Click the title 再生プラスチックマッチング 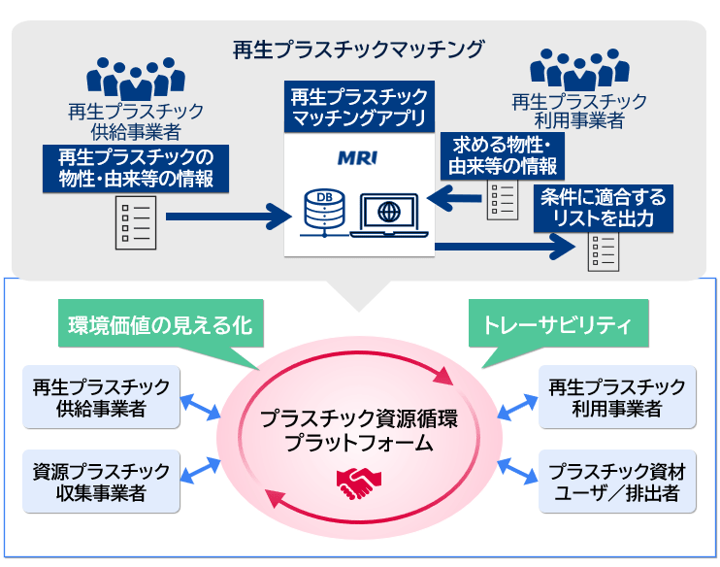click(x=359, y=49)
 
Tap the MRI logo click(x=359, y=156)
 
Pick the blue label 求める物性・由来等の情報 click(x=502, y=155)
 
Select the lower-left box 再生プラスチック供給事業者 click(x=101, y=397)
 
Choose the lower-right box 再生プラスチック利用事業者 click(x=616, y=397)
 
